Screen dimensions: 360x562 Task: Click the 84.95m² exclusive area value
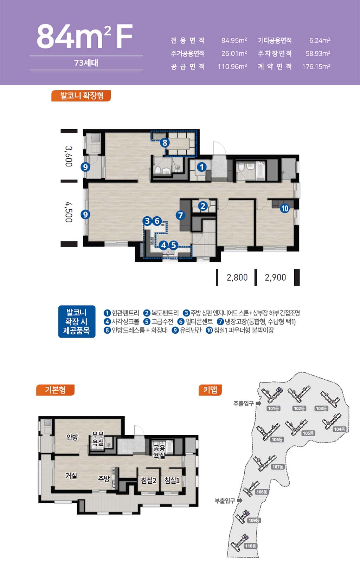(x=234, y=40)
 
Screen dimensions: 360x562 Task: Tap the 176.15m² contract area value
(x=316, y=66)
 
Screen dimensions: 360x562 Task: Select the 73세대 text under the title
(x=86, y=63)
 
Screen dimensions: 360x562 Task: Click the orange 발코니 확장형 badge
(x=81, y=96)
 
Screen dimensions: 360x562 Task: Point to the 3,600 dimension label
(x=69, y=156)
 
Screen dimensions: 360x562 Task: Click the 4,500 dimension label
(x=69, y=212)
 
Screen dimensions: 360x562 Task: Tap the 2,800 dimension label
(x=237, y=277)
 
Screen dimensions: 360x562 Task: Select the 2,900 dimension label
(x=275, y=277)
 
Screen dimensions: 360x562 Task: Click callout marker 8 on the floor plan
(x=165, y=143)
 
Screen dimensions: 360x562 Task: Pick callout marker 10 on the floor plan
(x=285, y=208)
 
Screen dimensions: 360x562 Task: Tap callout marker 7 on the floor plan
(x=180, y=215)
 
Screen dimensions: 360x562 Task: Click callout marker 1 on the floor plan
(x=201, y=167)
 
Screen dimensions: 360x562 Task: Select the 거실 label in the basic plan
(x=71, y=476)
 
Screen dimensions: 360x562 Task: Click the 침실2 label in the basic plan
(x=149, y=480)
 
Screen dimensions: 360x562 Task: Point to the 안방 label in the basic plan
(x=72, y=437)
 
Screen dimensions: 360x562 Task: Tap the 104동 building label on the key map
(x=339, y=429)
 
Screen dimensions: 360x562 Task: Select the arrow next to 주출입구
(x=259, y=404)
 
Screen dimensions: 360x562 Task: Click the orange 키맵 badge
(x=210, y=390)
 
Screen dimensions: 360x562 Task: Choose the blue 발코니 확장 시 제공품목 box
(x=77, y=321)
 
